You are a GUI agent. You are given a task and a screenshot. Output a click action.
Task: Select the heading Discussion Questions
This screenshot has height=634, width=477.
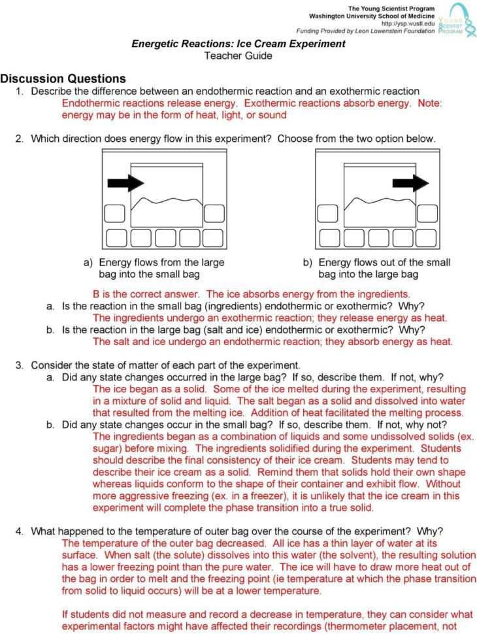[63, 78]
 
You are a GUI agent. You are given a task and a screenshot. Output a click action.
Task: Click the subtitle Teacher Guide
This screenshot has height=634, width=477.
[238, 56]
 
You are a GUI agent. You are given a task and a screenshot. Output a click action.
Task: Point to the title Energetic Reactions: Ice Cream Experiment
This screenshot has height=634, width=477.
[238, 44]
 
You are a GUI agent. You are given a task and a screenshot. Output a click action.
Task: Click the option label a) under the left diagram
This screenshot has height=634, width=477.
[88, 263]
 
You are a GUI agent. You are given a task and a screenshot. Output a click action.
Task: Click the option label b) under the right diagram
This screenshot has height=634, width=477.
[307, 263]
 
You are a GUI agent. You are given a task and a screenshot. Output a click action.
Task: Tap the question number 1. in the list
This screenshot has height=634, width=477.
[21, 92]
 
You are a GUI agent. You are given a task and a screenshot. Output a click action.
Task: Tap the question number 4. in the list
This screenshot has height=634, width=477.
[21, 531]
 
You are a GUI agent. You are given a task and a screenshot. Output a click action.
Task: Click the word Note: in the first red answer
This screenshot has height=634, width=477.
[430, 103]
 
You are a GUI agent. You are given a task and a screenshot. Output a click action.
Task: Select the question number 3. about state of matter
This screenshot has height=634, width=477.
[21, 365]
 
